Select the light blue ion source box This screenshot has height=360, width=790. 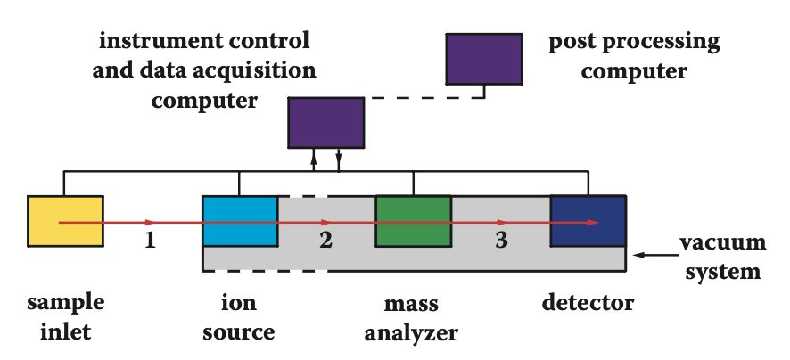pos(239,220)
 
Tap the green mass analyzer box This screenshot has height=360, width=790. pos(413,220)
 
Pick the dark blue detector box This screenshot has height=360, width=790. pos(588,220)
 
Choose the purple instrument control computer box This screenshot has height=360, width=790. pos(325,122)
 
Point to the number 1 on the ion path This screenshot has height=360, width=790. pos(151,240)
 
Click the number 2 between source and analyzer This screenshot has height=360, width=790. pos(325,240)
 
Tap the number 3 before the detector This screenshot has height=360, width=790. pos(501,240)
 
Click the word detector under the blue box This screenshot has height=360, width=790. pos(588,302)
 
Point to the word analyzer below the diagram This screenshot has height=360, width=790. pos(413,334)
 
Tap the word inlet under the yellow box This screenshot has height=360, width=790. pos(65,334)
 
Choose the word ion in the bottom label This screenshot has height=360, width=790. pos(239,303)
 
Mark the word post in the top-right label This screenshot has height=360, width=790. pos(573,41)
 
